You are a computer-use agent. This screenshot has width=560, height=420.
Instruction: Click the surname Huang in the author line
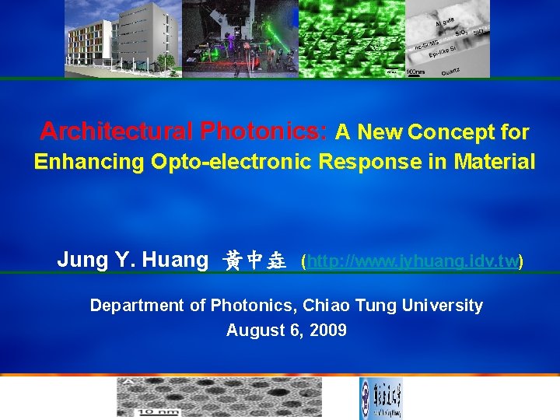pyautogui.click(x=176, y=260)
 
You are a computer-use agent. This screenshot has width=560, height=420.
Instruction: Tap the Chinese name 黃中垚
pyautogui.click(x=254, y=261)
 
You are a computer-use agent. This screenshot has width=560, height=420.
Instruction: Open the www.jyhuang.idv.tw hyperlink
pyautogui.click(x=412, y=261)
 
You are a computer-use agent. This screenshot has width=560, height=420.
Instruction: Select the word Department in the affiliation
pyautogui.click(x=138, y=305)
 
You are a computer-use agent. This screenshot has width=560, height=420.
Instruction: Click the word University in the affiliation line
pyautogui.click(x=442, y=305)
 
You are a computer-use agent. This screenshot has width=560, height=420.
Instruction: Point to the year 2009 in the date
pyautogui.click(x=328, y=331)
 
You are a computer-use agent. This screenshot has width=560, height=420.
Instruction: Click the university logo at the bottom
pyautogui.click(x=380, y=398)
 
